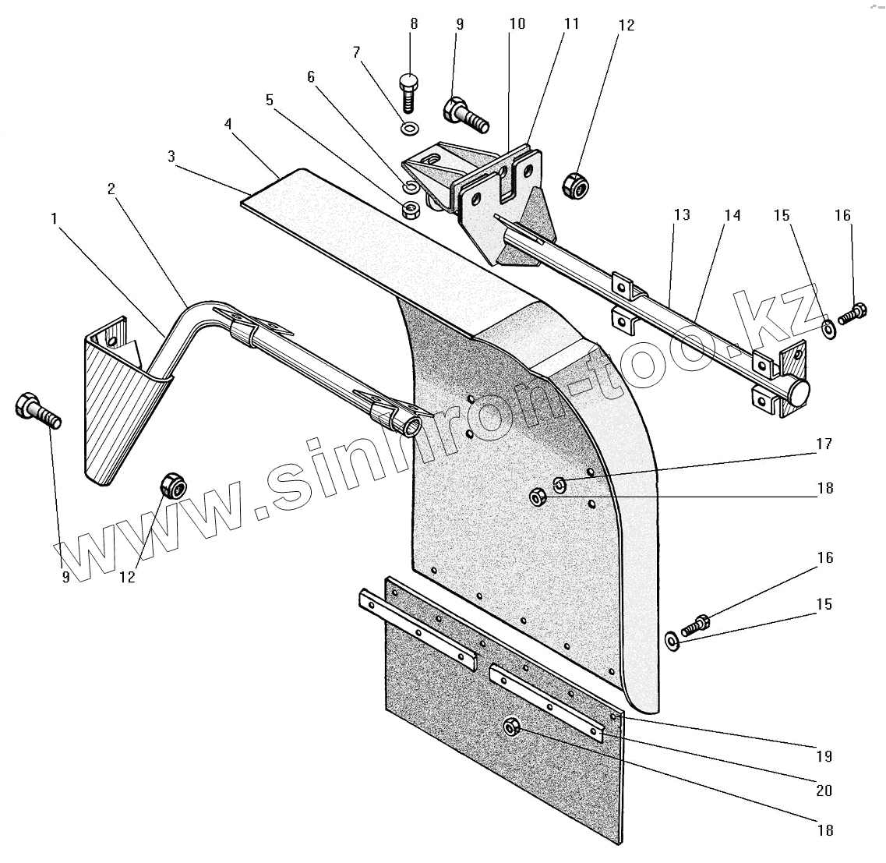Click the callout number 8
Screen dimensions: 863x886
[x=414, y=23]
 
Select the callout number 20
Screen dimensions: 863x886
[x=824, y=790]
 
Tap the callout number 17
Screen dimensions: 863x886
[x=824, y=444]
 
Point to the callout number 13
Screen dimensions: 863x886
[x=682, y=215]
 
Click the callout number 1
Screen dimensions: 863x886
[x=54, y=219]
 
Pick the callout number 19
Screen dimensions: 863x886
[x=824, y=756]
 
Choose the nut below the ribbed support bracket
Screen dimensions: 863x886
[x=172, y=486]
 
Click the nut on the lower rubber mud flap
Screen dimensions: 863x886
[x=511, y=727]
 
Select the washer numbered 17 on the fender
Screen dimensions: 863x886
[x=559, y=485]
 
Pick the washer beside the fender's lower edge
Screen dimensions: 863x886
[x=672, y=641]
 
